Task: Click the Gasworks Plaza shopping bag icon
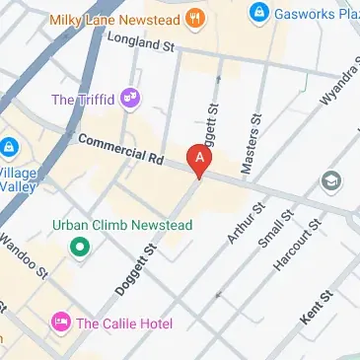[257, 12]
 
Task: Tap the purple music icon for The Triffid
[130, 98]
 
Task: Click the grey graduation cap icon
[330, 180]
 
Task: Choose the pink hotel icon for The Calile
[60, 324]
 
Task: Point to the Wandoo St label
[24, 255]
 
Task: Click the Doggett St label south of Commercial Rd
[144, 270]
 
